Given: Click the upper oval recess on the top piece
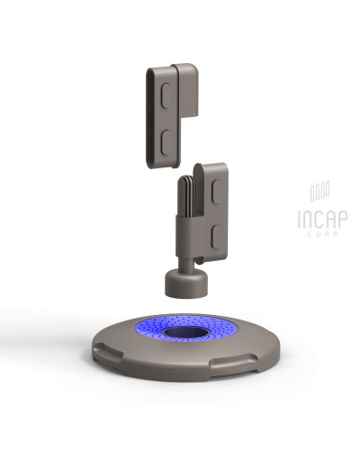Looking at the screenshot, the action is pos(166,94).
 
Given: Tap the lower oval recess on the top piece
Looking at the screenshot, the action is pos(166,141).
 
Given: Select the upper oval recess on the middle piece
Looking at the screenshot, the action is pos(217,191).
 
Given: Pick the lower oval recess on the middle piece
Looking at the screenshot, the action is pos(217,237).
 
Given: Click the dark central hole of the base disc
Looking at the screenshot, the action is pos(186,332).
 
